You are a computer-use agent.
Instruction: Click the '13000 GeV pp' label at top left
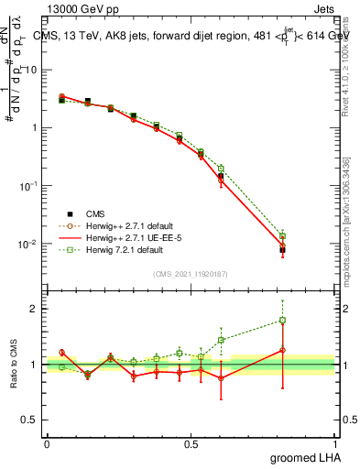click(85, 9)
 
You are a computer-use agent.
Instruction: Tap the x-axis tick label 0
click(47, 444)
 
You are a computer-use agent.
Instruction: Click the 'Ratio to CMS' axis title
click(15, 365)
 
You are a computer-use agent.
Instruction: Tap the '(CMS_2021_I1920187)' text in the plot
click(190, 272)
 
